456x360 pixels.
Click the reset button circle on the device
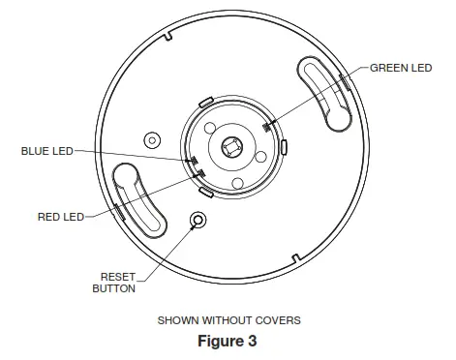(199, 221)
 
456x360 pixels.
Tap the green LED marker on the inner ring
(268, 123)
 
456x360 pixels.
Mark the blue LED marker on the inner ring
(193, 161)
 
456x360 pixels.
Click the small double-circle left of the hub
(151, 139)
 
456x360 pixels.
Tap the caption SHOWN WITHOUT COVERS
(228, 319)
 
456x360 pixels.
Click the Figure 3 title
(228, 342)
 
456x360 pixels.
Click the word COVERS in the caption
(275, 319)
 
